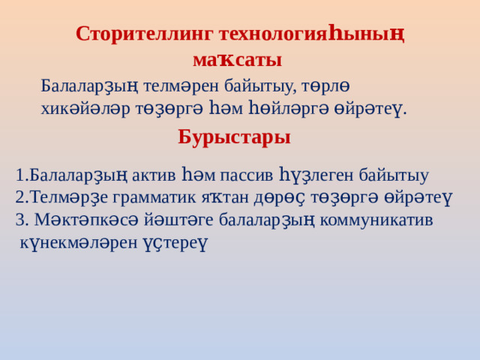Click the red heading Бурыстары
pyautogui.click(x=234, y=137)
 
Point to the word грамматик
pyautogui.click(x=154, y=199)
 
